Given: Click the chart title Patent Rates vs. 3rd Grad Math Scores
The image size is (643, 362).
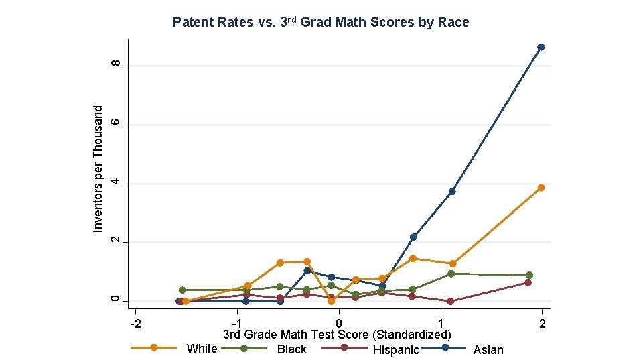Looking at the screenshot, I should point(321,22).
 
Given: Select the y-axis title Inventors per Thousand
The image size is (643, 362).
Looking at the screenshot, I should point(98,169).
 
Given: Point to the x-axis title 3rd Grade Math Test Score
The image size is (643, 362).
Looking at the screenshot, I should point(337,334).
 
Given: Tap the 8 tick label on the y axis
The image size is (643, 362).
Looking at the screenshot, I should point(116,64).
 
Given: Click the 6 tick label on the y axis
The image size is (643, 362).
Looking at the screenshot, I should point(116,123).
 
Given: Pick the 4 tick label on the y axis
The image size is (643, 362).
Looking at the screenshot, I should point(116,182).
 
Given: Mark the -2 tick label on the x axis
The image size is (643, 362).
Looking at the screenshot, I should point(135,324).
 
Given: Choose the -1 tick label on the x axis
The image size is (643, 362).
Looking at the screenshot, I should point(236,324).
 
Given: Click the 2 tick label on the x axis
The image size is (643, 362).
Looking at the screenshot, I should point(542,324).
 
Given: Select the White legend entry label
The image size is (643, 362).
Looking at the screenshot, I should point(202,348).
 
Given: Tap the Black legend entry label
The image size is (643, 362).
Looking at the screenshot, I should point(291,349).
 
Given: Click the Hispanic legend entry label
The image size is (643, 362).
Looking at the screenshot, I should point(395,349).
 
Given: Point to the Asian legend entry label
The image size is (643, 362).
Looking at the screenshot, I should point(488,349).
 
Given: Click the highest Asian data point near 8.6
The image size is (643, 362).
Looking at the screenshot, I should point(541,47).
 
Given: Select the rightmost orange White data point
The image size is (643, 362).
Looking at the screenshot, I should point(541,188).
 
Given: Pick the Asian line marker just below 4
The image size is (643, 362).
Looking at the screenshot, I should point(452,192).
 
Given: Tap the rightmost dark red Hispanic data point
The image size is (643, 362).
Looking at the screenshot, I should point(528,282).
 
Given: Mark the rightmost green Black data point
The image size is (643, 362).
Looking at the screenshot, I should point(529,275).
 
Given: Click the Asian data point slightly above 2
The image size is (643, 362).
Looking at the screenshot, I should point(413,237).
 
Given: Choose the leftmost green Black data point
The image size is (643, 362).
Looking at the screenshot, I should point(182,290).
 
